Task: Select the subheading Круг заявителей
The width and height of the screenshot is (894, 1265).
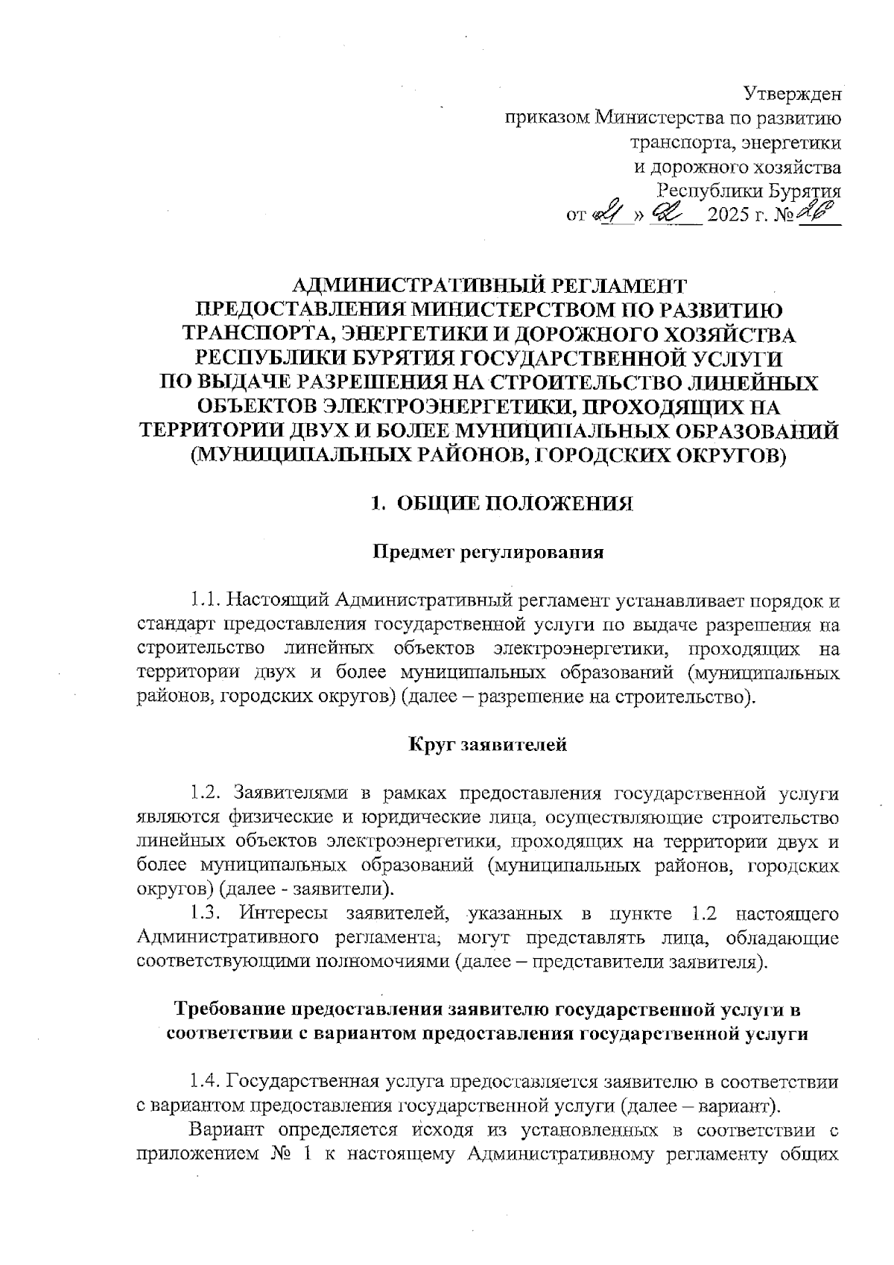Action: point(488,744)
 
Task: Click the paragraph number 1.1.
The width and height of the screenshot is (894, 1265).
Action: point(204,600)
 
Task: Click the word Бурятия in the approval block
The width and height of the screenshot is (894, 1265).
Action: point(805,191)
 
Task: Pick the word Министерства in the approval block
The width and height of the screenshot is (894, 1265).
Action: point(656,118)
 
